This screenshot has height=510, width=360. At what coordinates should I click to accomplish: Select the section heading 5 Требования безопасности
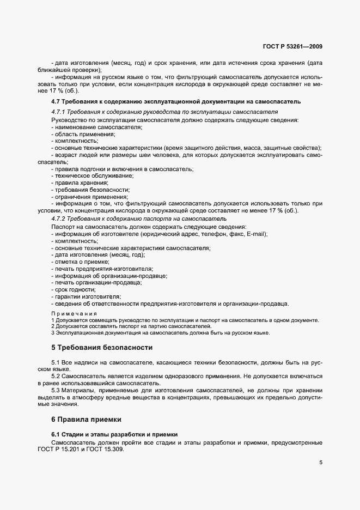[102, 347]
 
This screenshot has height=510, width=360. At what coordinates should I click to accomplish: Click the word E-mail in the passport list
[256, 234]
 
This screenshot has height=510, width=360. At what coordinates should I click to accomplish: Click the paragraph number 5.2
[57, 377]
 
